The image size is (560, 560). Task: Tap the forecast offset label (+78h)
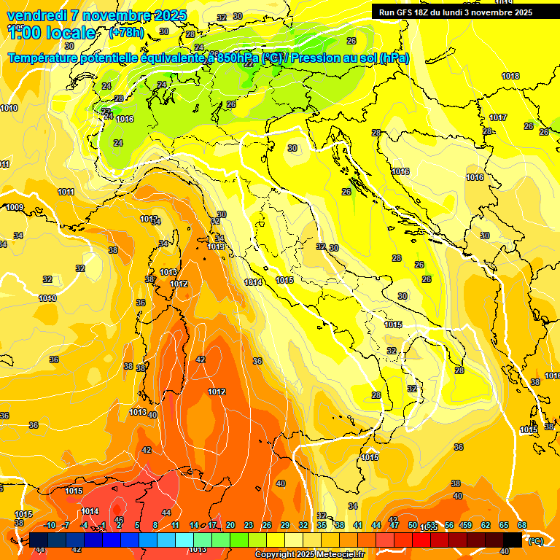126,33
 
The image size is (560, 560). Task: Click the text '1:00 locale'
51,33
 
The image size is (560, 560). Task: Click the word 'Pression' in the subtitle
314,58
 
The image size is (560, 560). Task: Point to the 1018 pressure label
510,76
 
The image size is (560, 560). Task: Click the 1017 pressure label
498,117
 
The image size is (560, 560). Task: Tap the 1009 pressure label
15,207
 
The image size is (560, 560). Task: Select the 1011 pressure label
66,192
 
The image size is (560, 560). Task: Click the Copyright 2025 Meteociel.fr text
309,554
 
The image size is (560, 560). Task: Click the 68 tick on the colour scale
522,525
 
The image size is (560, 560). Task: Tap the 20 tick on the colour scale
230,525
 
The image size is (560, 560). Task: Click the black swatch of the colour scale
513,539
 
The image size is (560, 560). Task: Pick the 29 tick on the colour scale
284,525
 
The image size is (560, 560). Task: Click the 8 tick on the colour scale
155,525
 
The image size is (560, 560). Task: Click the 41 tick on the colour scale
357,525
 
